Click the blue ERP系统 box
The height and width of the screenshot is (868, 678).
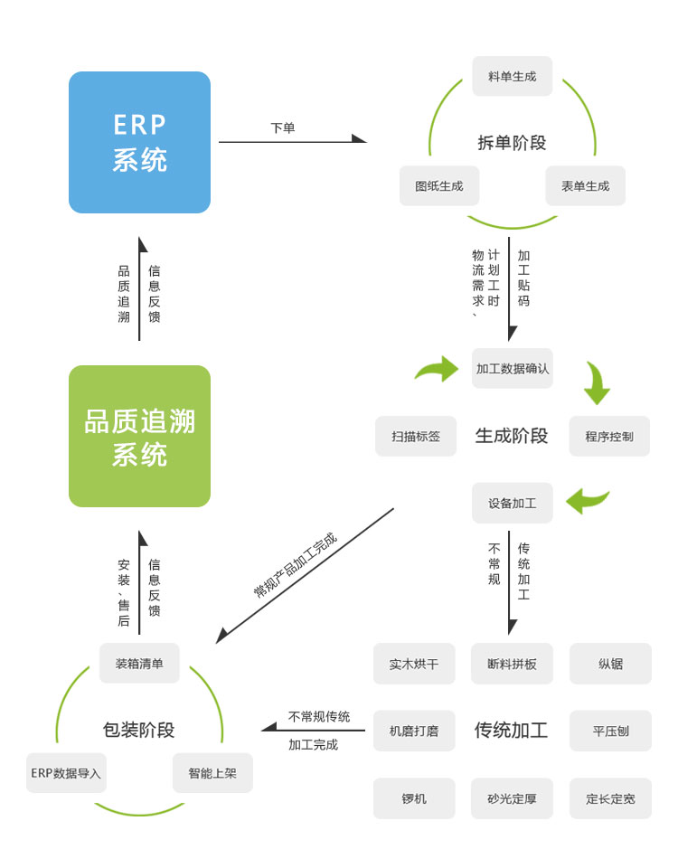click(x=139, y=142)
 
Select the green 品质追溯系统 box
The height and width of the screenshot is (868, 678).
click(x=139, y=436)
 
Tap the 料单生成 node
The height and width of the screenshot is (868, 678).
click(x=512, y=76)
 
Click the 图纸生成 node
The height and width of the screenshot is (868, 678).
click(x=439, y=185)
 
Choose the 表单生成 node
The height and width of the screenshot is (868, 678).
click(x=585, y=185)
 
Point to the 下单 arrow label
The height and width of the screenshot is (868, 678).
click(x=282, y=128)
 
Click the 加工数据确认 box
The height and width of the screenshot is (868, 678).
click(x=513, y=369)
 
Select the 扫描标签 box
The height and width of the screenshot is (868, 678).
click(x=416, y=436)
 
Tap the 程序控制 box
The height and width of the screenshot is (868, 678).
click(x=609, y=436)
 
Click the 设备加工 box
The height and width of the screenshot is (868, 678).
click(x=513, y=503)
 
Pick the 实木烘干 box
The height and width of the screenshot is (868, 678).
click(x=414, y=664)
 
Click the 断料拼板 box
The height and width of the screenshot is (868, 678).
click(x=512, y=664)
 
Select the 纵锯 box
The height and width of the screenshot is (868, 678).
click(x=610, y=664)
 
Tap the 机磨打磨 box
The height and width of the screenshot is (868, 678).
click(x=414, y=731)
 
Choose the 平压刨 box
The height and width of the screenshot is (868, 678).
click(x=610, y=731)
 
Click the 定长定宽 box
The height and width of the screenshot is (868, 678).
click(x=610, y=798)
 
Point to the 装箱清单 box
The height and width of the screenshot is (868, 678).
click(x=139, y=663)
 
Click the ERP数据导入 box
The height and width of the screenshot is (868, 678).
click(x=66, y=773)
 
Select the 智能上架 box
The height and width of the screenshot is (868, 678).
click(x=212, y=773)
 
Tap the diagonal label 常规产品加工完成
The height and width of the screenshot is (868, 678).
click(x=296, y=566)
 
